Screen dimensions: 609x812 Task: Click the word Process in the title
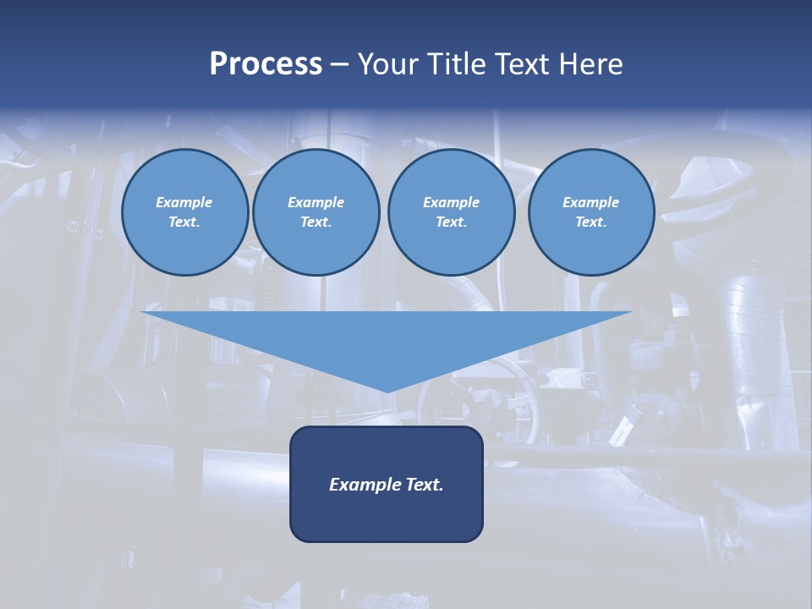[x=266, y=64]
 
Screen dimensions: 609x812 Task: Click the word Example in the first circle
[x=184, y=202]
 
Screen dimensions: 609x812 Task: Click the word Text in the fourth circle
[x=590, y=222]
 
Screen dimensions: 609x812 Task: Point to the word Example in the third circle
[x=451, y=202]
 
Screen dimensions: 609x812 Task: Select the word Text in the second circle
[x=315, y=222]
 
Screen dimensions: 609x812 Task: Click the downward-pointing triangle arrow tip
[x=387, y=385]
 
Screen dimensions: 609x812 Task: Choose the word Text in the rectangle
[x=423, y=485]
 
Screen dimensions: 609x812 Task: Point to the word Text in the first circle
[x=184, y=222]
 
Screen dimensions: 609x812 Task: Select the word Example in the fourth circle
[x=590, y=202]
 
